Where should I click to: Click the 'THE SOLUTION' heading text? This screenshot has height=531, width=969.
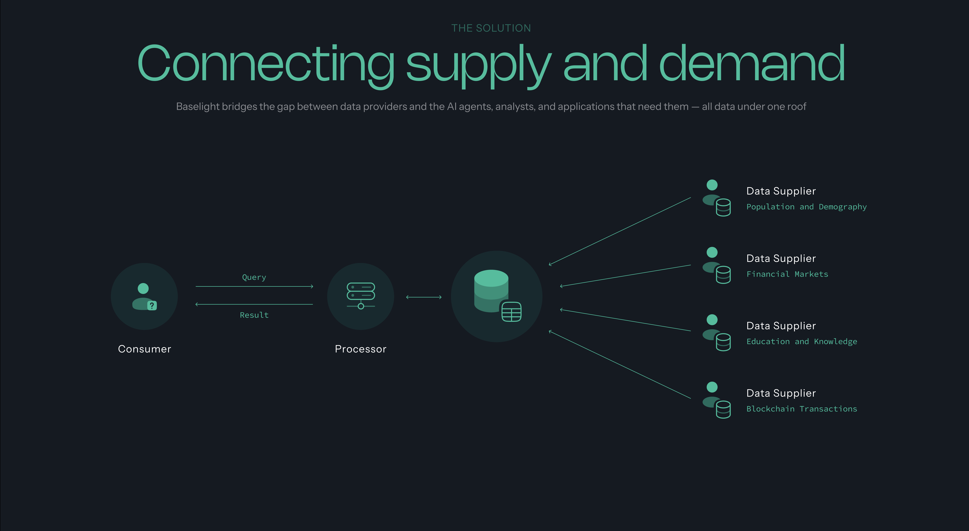(491, 28)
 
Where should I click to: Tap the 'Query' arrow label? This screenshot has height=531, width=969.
(254, 277)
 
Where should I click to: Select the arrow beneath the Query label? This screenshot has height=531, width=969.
(254, 286)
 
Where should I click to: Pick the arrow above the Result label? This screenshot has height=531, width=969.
(254, 304)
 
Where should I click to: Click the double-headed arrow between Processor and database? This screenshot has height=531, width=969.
(424, 297)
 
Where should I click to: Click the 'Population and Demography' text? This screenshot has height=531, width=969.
(806, 207)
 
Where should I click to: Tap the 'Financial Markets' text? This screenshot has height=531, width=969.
(787, 274)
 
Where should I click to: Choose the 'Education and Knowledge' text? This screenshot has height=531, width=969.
(802, 342)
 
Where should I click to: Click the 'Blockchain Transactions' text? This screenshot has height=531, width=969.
(802, 409)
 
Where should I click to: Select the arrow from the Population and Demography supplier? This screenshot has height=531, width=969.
(620, 231)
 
